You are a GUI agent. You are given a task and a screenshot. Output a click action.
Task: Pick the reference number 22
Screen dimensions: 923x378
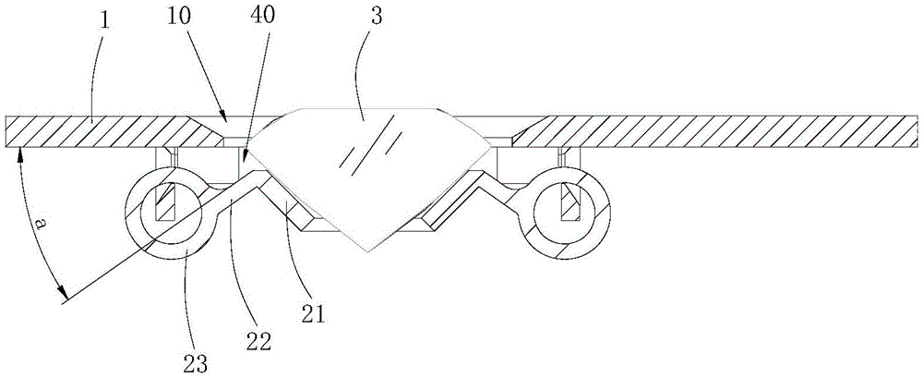[259, 339]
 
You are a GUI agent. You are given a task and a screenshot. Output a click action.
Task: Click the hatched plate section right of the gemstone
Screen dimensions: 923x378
[720, 130]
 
